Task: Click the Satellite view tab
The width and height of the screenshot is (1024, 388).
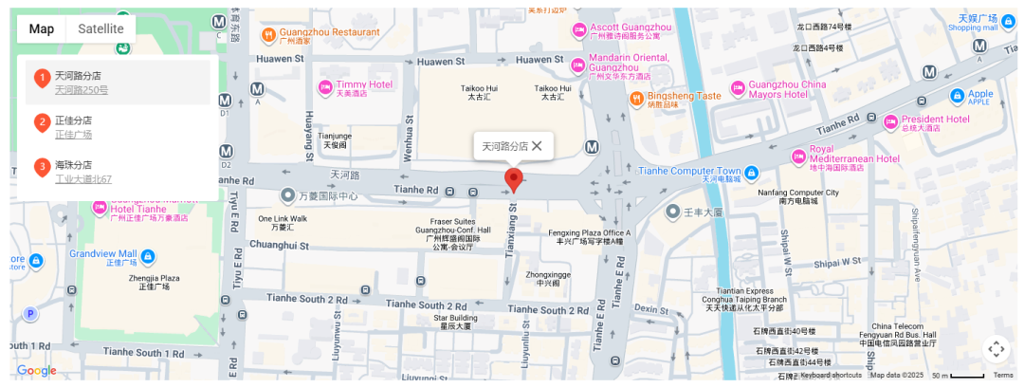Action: (101, 28)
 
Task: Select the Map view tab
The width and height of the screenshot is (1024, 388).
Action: (42, 28)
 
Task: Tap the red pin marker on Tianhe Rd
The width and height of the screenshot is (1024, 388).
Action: (513, 179)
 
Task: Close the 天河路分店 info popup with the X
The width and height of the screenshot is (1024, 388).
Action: (537, 146)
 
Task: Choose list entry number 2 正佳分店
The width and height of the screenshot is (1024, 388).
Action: (73, 120)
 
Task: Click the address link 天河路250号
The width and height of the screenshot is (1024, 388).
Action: (81, 90)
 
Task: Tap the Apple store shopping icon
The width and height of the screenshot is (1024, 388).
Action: (958, 95)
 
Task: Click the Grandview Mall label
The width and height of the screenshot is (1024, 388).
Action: (102, 254)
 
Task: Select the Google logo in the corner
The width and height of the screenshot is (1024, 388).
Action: (36, 371)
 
